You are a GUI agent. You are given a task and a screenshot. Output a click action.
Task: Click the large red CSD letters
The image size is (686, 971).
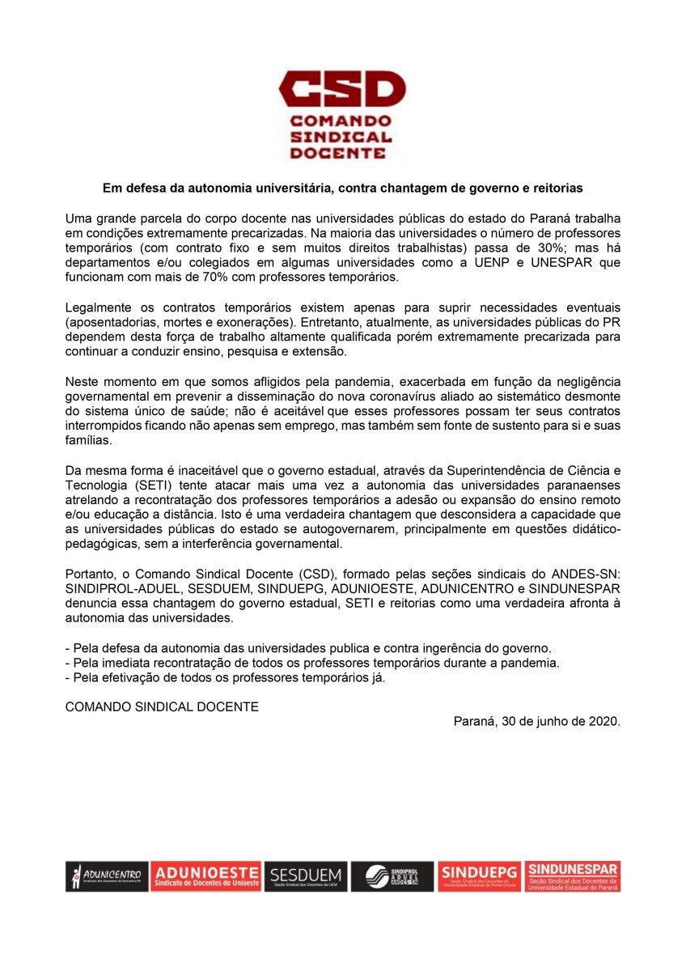coord(342,89)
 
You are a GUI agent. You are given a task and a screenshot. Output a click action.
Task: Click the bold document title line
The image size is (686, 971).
coord(342,188)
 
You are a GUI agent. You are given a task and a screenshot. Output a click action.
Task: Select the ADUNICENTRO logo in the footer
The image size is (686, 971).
coord(107,876)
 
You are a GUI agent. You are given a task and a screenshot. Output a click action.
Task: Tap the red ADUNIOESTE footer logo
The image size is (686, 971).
coord(206,876)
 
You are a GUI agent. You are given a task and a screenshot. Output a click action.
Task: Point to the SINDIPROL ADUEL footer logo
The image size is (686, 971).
coord(392,876)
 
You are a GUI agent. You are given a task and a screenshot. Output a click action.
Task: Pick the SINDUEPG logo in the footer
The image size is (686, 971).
coord(479,876)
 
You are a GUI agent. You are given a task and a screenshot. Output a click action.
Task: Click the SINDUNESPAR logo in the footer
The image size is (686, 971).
coord(572,876)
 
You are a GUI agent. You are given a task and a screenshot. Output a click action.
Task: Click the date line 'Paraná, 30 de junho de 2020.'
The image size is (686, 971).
coord(536,720)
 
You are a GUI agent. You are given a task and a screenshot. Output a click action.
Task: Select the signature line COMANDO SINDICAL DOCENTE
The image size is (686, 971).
coord(162,706)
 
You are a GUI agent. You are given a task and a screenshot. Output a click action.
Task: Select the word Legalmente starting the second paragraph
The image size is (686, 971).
coord(97,307)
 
